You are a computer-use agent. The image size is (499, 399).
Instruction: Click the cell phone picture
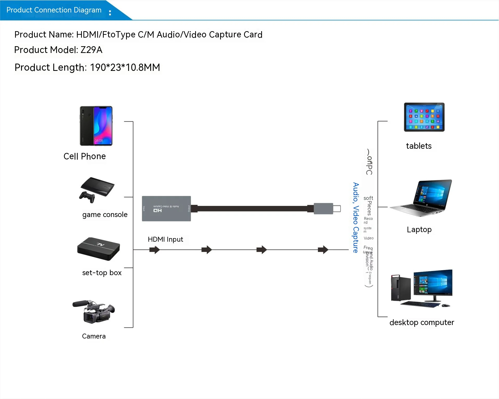tap(96, 126)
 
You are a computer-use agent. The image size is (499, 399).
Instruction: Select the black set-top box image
tap(99, 248)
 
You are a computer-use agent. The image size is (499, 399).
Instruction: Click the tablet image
tap(424, 117)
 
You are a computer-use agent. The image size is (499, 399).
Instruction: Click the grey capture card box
tap(166, 208)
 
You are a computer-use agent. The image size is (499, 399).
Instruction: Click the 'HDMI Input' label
tap(165, 239)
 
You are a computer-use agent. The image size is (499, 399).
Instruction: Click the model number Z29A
tap(91, 50)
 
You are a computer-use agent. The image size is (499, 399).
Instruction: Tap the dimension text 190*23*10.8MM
tap(125, 67)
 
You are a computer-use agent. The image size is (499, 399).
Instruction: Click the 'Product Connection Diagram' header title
tap(54, 10)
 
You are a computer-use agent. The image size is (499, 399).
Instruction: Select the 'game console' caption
tap(105, 215)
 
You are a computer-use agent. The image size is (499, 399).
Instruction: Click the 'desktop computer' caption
tap(422, 322)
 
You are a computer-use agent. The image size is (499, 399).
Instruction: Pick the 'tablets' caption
tap(419, 146)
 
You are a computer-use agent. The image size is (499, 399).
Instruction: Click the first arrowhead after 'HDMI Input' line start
tap(155, 250)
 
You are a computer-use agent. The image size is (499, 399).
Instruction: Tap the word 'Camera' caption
tap(94, 336)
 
